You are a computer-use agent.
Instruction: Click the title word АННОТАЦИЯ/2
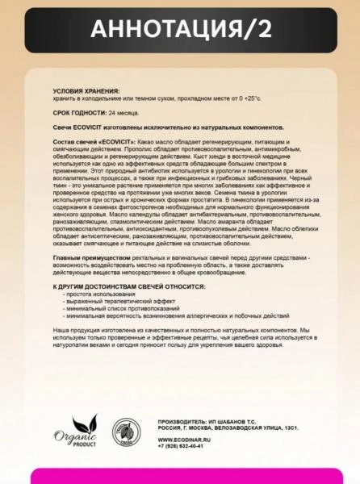pos(179,30)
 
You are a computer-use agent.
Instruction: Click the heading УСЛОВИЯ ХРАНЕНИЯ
pos(86,91)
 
